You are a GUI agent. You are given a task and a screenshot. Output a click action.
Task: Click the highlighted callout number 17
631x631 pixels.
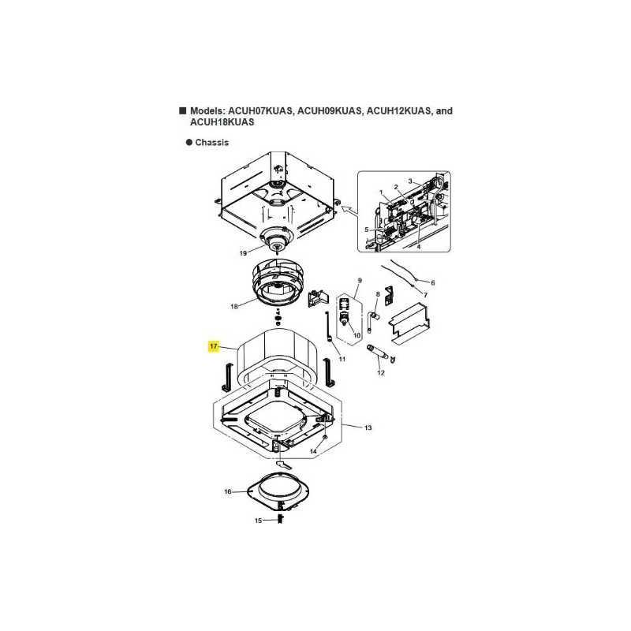tap(213, 346)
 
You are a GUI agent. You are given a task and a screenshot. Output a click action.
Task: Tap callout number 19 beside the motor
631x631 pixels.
tap(243, 253)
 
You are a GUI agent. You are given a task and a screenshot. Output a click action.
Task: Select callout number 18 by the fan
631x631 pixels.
tap(234, 306)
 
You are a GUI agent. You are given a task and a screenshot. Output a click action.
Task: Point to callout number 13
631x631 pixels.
tap(368, 428)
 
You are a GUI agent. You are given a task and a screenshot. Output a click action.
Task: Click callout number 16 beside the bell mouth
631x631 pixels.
tap(228, 491)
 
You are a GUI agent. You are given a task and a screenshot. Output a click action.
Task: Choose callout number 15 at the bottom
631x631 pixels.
tap(259, 521)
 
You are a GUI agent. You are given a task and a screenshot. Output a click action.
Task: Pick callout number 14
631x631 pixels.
tap(313, 451)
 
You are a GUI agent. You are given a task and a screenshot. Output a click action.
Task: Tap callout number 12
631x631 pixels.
tap(381, 372)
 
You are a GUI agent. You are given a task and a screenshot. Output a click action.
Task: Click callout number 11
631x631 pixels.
tap(342, 359)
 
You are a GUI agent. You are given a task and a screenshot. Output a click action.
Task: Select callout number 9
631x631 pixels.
tap(360, 280)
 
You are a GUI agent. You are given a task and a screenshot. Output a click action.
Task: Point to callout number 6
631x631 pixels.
tap(433, 283)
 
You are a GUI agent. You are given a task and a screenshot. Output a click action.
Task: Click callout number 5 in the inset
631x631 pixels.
tap(367, 230)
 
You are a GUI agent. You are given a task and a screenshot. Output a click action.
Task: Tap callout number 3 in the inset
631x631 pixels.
tap(410, 181)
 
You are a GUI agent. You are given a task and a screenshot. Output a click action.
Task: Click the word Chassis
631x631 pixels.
tap(211, 143)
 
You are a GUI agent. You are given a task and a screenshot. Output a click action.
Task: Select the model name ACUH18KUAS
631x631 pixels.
tap(222, 122)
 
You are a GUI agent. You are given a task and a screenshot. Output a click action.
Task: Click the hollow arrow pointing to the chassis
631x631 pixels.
tap(348, 209)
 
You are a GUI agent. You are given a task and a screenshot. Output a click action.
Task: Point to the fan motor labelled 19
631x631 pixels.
tap(278, 241)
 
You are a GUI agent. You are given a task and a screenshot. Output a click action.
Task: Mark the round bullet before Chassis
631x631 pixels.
tap(189, 143)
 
